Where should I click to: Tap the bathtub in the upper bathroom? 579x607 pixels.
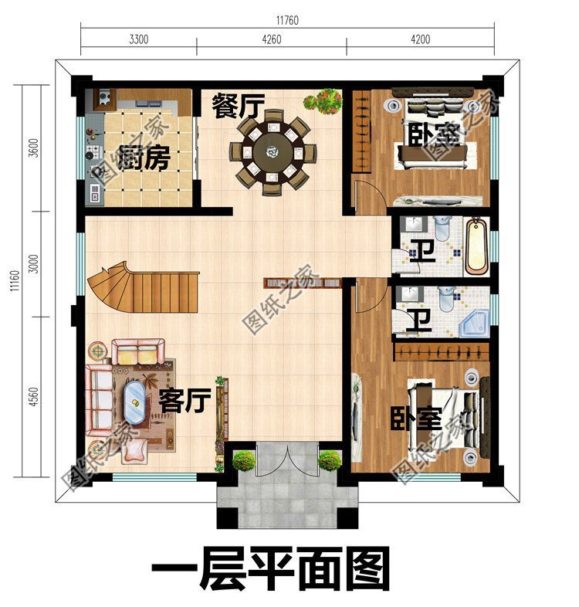(x=476, y=246)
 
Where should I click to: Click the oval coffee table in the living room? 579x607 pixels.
(x=135, y=402)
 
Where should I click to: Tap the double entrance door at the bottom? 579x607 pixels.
(x=286, y=461)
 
